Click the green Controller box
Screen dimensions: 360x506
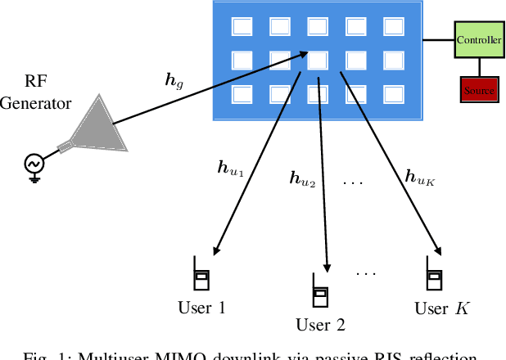[x=478, y=39]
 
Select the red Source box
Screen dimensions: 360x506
[x=478, y=89]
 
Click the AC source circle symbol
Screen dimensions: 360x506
[x=35, y=164]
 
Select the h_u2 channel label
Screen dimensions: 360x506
[x=303, y=177]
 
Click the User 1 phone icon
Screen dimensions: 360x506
[x=201, y=274]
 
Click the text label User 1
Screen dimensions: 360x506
[x=201, y=308]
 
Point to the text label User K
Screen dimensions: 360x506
[x=442, y=308]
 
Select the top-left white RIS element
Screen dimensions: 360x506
[x=242, y=27]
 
